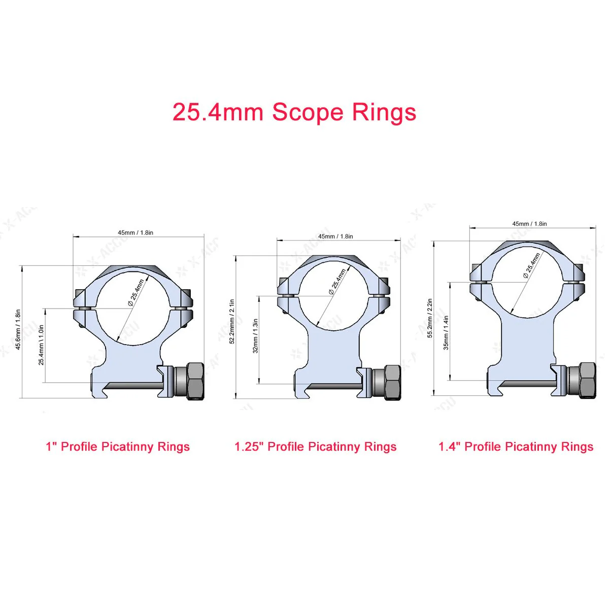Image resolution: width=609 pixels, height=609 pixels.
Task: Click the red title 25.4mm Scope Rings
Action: pyautogui.click(x=294, y=112)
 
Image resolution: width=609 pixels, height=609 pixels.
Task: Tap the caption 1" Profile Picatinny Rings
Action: pyautogui.click(x=118, y=447)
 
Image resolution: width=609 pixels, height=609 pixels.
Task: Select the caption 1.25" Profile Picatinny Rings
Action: pyautogui.click(x=315, y=447)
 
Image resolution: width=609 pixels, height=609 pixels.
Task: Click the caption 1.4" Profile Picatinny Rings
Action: pyautogui.click(x=516, y=447)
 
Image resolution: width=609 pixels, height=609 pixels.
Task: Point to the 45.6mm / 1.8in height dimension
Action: pyautogui.click(x=18, y=329)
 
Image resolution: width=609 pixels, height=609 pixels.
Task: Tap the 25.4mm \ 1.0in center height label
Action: pyautogui.click(x=42, y=345)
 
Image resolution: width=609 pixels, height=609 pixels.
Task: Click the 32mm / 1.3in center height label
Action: pyautogui.click(x=256, y=336)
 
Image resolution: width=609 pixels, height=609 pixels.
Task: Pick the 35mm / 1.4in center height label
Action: pyautogui.click(x=446, y=333)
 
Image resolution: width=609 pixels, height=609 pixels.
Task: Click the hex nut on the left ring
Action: pyautogui.click(x=195, y=381)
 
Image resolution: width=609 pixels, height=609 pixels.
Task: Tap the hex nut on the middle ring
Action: pyautogui.click(x=392, y=382)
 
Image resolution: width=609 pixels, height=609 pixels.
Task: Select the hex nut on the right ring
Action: pyautogui.click(x=587, y=381)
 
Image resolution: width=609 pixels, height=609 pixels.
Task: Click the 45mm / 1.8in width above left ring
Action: pyautogui.click(x=136, y=232)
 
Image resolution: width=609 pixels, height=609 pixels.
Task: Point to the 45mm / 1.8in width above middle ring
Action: pyautogui.click(x=335, y=236)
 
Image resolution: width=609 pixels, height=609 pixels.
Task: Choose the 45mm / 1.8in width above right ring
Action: pyautogui.click(x=529, y=223)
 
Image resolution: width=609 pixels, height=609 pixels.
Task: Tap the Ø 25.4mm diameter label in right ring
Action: pyautogui.click(x=531, y=265)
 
